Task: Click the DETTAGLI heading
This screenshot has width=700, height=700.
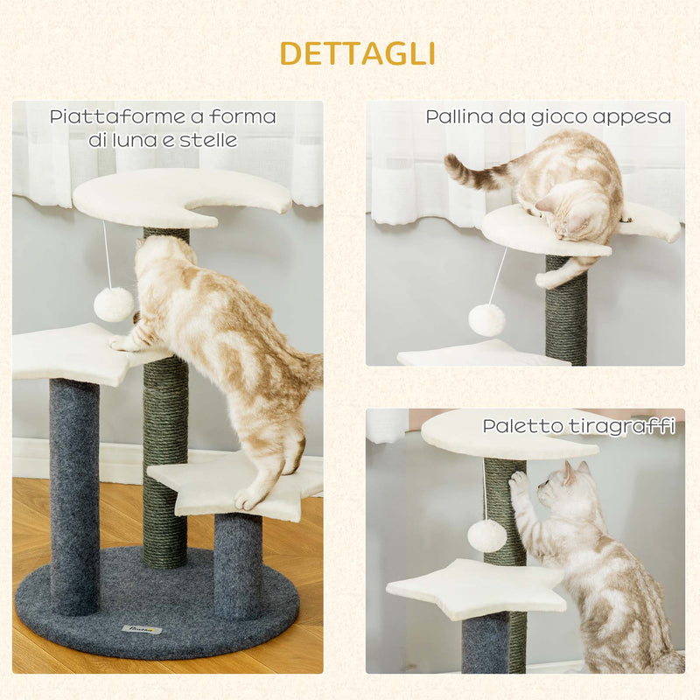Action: click(x=357, y=53)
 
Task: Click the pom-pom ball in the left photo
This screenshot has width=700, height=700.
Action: click(x=114, y=304)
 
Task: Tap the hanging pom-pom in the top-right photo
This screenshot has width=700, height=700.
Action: click(x=486, y=319)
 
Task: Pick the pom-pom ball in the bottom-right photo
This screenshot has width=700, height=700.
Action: click(x=487, y=535)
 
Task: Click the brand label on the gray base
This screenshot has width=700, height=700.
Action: click(x=142, y=628)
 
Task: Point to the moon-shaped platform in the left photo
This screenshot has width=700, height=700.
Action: click(x=175, y=197)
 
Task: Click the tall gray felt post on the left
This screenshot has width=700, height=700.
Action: click(x=73, y=494)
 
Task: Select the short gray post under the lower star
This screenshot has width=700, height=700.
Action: click(x=238, y=564)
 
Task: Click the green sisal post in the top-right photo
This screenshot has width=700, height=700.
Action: click(x=566, y=311)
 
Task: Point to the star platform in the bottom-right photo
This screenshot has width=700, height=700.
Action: click(x=477, y=588)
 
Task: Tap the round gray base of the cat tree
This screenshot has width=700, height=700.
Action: click(x=157, y=604)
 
